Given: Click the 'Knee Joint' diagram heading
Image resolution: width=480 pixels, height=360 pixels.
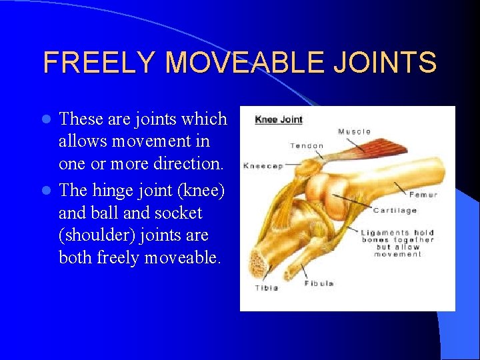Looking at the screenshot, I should [x=279, y=120].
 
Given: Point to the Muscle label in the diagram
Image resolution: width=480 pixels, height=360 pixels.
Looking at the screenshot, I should [x=354, y=131].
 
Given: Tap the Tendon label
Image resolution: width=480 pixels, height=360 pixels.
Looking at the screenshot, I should [x=307, y=145].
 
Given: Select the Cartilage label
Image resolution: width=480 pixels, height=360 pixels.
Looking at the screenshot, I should [x=395, y=211].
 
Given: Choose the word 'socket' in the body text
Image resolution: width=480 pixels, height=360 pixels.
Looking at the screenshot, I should [x=179, y=213].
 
